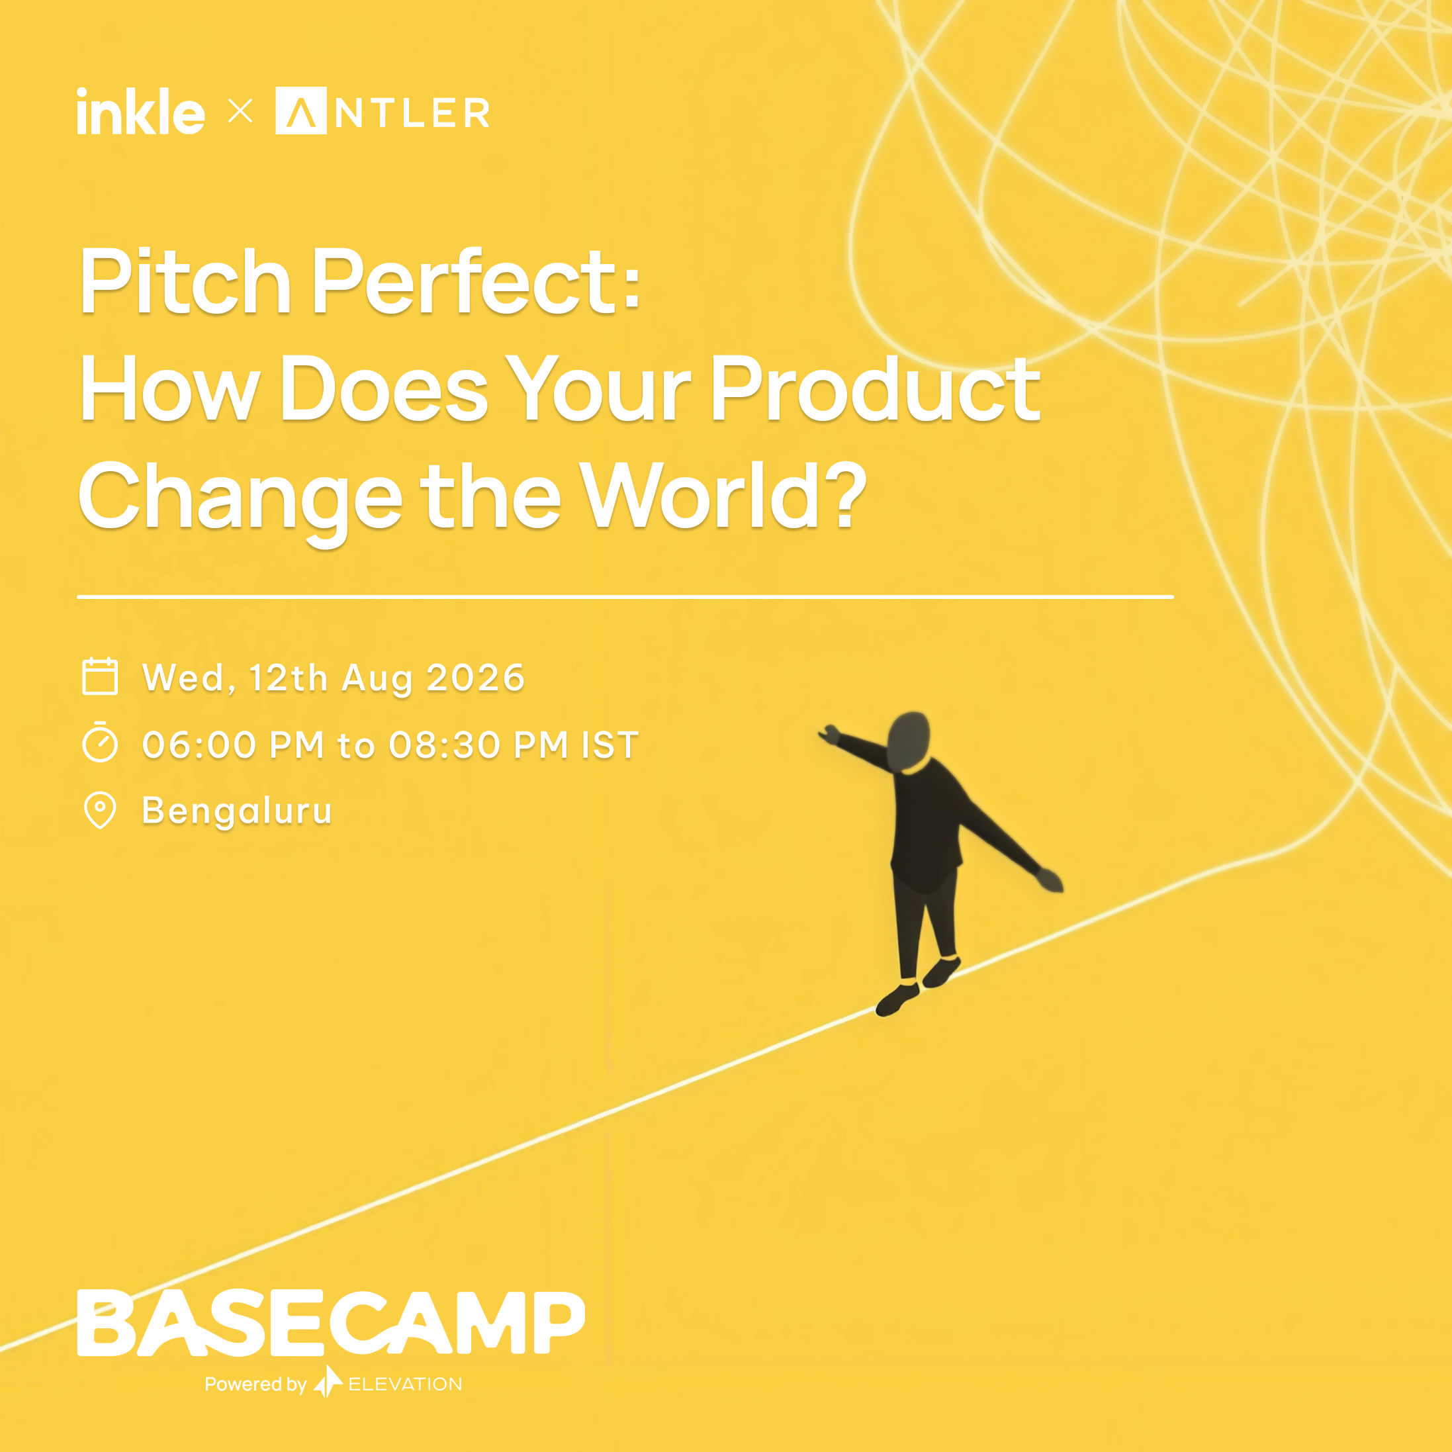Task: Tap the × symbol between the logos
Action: click(x=240, y=112)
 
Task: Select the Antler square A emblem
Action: click(x=300, y=111)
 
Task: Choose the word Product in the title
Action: click(x=875, y=388)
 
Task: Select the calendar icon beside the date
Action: click(x=100, y=676)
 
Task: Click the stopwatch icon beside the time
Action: click(x=100, y=743)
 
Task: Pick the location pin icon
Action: click(x=100, y=810)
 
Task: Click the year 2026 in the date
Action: click(x=475, y=677)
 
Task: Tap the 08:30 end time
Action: click(x=445, y=745)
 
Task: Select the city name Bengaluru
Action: click(x=237, y=811)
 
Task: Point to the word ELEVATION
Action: click(x=405, y=1384)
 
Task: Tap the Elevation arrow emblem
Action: click(x=328, y=1381)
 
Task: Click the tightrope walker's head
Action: click(x=909, y=741)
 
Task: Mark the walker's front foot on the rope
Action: click(x=897, y=999)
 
